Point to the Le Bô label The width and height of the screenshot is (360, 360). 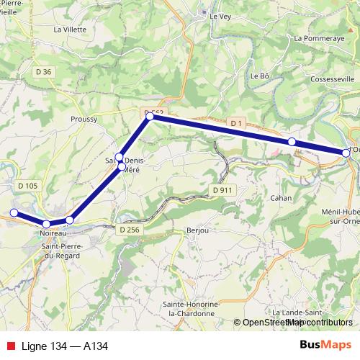[259, 75]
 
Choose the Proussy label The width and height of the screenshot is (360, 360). [84, 120]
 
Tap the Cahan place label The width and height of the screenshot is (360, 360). [280, 197]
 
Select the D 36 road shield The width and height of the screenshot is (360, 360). [45, 71]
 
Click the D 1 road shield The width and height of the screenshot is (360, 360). [235, 124]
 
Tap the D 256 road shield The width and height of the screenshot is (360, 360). [127, 229]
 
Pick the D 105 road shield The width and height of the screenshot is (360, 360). [27, 186]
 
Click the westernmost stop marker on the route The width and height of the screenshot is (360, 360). [14, 212]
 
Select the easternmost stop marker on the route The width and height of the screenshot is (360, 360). [346, 153]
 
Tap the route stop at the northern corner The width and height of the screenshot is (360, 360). [150, 116]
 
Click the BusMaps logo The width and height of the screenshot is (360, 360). [325, 346]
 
